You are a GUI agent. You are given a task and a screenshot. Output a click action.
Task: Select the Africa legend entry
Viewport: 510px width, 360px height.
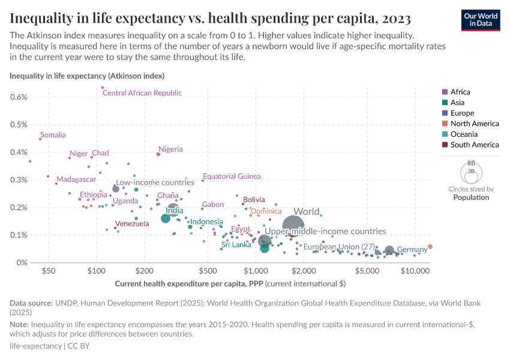(460, 92)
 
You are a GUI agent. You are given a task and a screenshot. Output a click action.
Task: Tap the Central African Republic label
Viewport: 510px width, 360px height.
(142, 93)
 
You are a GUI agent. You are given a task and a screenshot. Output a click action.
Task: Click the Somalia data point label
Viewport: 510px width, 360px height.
(53, 135)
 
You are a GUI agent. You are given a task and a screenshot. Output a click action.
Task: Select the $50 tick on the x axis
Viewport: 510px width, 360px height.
(49, 271)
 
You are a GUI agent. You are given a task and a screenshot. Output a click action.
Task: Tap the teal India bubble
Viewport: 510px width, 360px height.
(166, 218)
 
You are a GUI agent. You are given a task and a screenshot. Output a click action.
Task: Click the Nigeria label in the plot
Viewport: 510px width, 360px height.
(170, 149)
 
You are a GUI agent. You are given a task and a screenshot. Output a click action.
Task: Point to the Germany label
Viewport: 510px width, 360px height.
(412, 250)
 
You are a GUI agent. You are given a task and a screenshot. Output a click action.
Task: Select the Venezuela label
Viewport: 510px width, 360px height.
(132, 224)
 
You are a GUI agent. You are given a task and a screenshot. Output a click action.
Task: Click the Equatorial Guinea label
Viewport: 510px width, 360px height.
(232, 176)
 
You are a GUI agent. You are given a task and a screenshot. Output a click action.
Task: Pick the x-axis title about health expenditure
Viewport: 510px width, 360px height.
(230, 283)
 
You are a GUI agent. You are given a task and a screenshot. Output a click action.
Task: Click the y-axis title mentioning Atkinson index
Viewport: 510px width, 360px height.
(87, 76)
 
